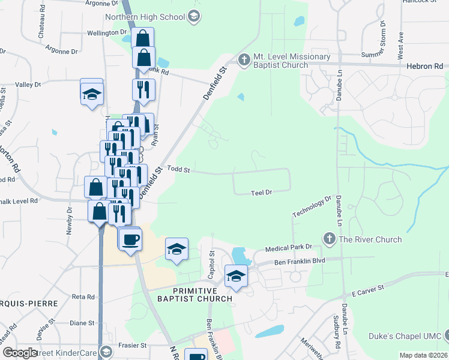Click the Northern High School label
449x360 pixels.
pyautogui.click(x=145, y=17)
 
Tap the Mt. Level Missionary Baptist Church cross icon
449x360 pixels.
pyautogui.click(x=244, y=59)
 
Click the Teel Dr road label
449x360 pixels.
pyautogui.click(x=262, y=193)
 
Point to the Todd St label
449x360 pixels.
pyautogui.click(x=178, y=170)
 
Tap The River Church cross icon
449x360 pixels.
pyautogui.click(x=329, y=239)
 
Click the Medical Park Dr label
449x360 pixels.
pyautogui.click(x=289, y=247)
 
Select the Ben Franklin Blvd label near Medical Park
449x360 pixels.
pyautogui.click(x=300, y=261)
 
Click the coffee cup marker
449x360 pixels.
pyautogui.click(x=131, y=240)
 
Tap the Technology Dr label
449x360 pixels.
pyautogui.click(x=312, y=206)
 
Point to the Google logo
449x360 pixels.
pyautogui.click(x=19, y=353)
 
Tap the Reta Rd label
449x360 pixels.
pyautogui.click(x=83, y=296)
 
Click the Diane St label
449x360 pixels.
pyautogui.click(x=82, y=323)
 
